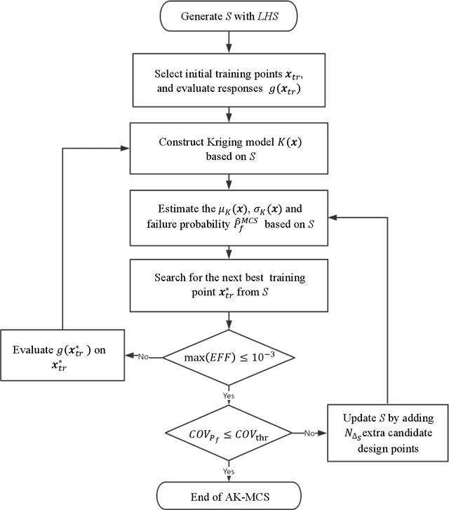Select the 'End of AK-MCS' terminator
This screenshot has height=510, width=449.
coord(226,490)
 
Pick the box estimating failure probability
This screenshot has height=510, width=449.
coord(226,217)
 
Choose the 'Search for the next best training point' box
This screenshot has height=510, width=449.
coord(226,286)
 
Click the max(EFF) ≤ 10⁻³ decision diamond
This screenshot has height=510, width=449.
coord(226,358)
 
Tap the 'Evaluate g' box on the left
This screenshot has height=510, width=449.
coord(64,358)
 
